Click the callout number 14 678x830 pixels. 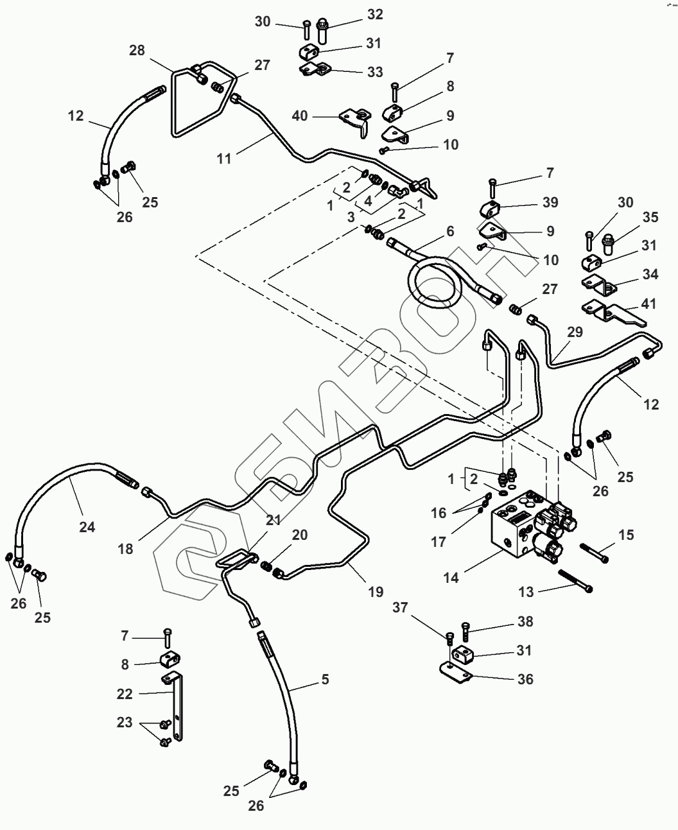[451, 577]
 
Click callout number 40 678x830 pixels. [300, 116]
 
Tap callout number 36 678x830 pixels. [525, 679]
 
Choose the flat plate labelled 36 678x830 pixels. [456, 672]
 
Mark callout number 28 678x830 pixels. [137, 50]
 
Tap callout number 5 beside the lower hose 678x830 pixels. [326, 679]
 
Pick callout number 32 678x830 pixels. [375, 14]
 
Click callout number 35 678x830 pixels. [650, 218]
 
